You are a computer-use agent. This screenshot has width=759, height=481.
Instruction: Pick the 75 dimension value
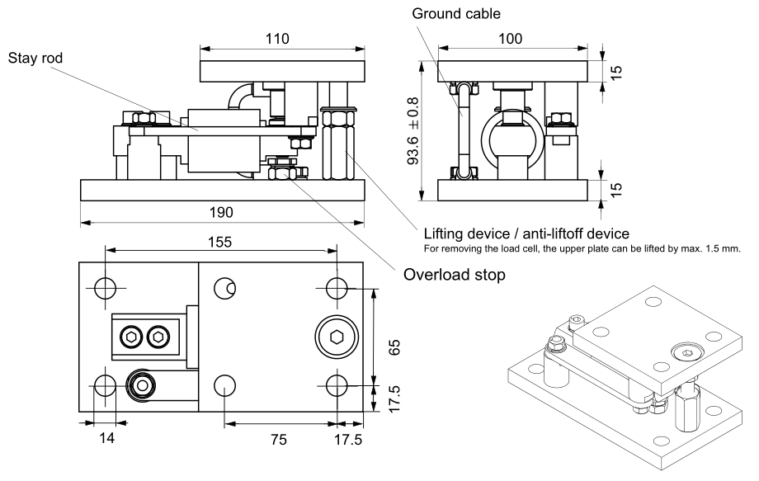click(280, 440)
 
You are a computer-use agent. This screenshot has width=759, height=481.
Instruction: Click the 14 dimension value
click(106, 438)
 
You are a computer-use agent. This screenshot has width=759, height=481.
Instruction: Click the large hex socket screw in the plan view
click(335, 337)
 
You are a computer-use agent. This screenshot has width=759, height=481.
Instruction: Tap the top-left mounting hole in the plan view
click(105, 287)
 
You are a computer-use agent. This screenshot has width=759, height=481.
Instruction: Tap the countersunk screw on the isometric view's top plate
click(686, 353)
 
